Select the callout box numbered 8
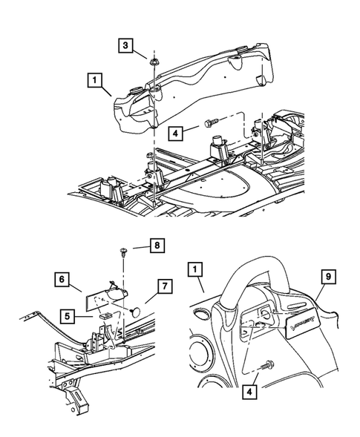pos(157,264)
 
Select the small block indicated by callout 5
pos(106,316)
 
